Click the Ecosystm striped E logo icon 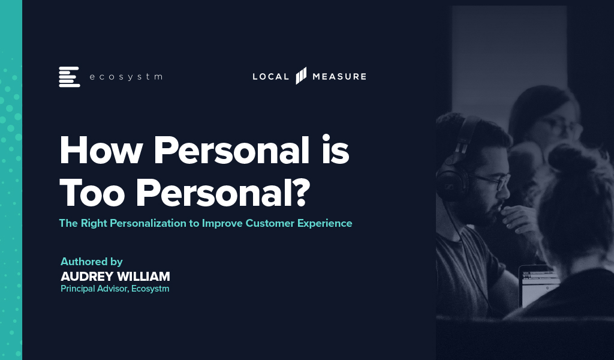pyautogui.click(x=70, y=77)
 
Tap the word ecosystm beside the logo pyautogui.click(x=126, y=77)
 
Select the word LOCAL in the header pyautogui.click(x=270, y=76)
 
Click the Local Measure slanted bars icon pyautogui.click(x=301, y=76)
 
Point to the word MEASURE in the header pyautogui.click(x=339, y=76)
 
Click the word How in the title pyautogui.click(x=100, y=150)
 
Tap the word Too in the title pyautogui.click(x=92, y=193)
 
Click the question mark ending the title pyautogui.click(x=301, y=192)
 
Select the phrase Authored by pyautogui.click(x=92, y=262)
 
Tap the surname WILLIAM pyautogui.click(x=143, y=277)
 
